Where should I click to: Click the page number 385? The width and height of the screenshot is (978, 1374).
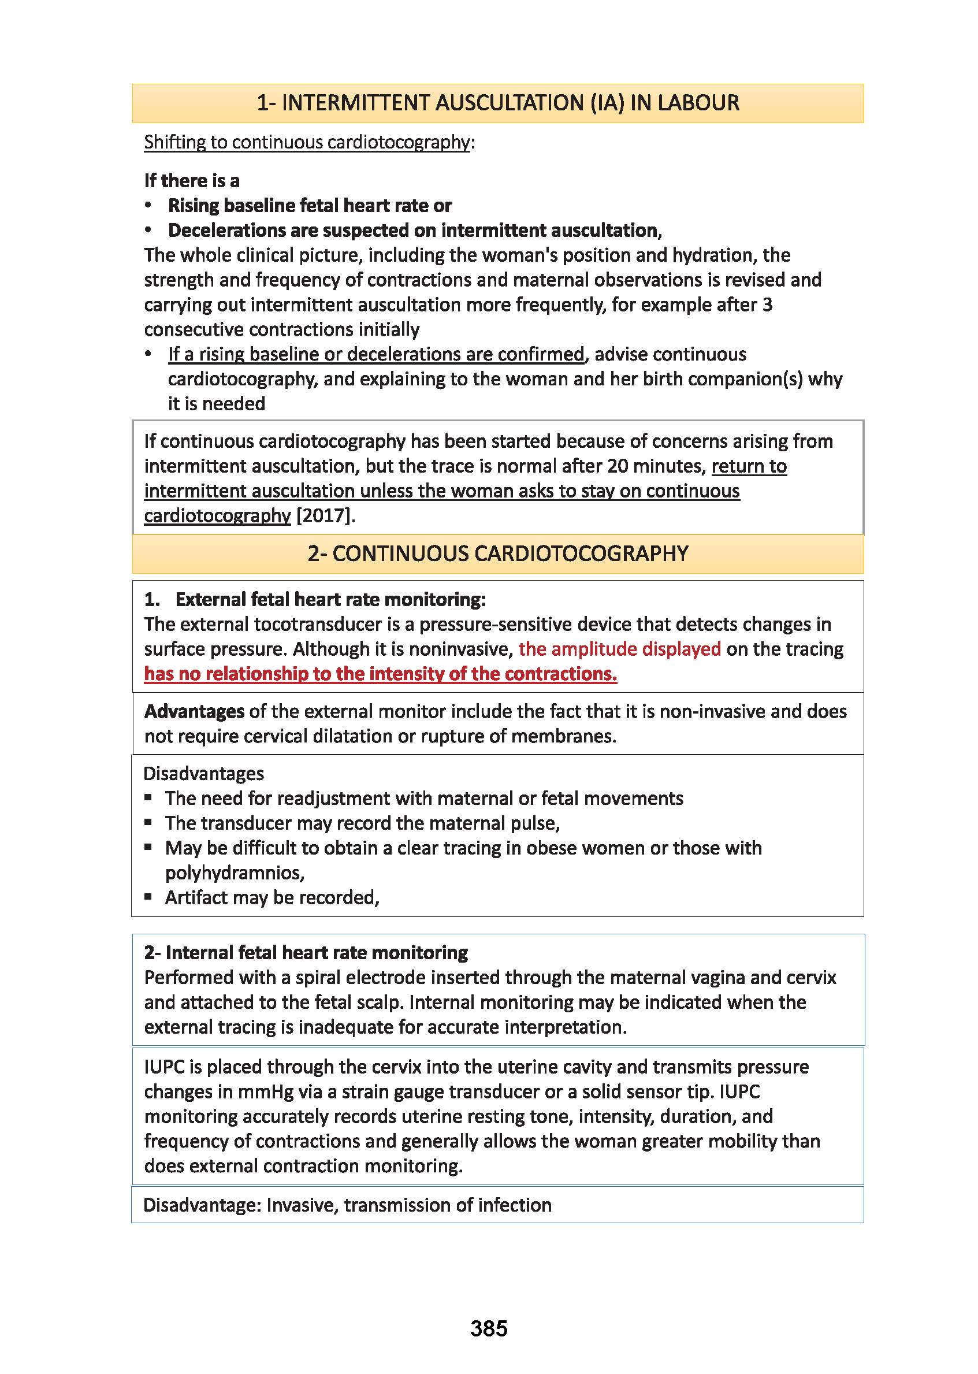coord(488,1328)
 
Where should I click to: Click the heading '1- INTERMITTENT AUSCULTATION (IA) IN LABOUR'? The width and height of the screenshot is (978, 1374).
coord(497,103)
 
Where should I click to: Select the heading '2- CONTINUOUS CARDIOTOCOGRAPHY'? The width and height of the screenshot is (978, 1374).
coord(497,554)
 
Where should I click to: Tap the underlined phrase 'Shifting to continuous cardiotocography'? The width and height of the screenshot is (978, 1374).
coord(307,142)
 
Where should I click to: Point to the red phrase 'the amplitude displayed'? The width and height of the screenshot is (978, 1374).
coord(619,649)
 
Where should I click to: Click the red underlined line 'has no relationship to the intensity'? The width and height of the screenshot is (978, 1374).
coord(380,674)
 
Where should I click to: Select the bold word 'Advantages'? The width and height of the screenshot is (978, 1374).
coord(194,711)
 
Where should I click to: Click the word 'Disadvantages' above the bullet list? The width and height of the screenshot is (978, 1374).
coord(203,774)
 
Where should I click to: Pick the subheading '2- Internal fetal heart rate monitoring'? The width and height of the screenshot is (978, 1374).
coord(306,952)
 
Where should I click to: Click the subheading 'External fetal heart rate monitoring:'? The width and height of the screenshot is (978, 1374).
coord(330,599)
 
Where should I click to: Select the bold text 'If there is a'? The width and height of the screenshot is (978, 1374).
coord(192,181)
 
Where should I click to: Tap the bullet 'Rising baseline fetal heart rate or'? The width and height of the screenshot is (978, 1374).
coord(310,206)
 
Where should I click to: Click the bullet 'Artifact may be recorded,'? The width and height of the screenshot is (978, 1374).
coord(272,897)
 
